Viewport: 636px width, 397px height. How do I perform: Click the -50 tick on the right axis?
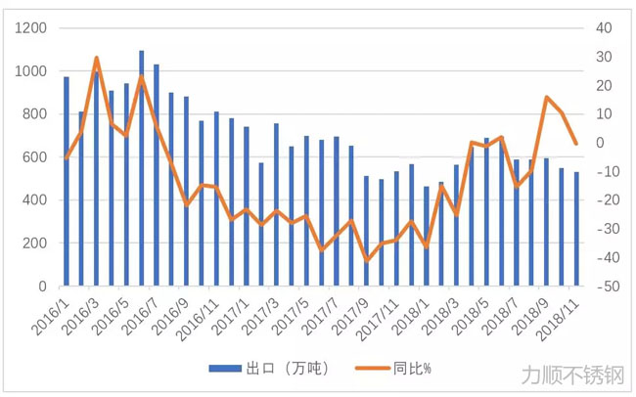tap(606, 287)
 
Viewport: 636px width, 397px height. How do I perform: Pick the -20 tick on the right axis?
tap(606, 200)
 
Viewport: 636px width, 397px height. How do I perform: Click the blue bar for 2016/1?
tap(67, 182)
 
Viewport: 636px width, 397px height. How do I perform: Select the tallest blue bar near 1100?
tap(142, 168)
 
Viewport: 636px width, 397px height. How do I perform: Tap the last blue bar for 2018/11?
tap(577, 229)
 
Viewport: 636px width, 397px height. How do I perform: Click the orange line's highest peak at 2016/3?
tap(97, 59)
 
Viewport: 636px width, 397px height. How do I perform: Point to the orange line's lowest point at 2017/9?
tap(368, 260)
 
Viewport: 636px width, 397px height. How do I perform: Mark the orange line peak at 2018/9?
tap(547, 98)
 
